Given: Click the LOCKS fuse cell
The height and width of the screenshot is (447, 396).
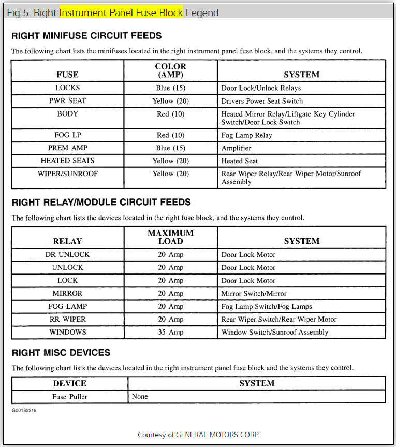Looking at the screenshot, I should [67, 88].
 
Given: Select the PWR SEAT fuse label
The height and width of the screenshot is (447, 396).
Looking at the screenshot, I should [67, 101].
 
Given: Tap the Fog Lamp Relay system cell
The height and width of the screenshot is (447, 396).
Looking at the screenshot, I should [246, 135].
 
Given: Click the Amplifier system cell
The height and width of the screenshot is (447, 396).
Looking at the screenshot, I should [236, 148].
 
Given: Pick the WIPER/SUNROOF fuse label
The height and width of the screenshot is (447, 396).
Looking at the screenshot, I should [67, 174].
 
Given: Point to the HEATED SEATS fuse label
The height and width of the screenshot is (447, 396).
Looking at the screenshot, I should [67, 161].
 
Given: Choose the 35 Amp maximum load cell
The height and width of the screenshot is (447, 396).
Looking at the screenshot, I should [170, 332].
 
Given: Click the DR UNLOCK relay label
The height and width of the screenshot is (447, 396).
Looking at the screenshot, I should [67, 254].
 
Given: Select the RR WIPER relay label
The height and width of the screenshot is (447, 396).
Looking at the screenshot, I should [67, 319].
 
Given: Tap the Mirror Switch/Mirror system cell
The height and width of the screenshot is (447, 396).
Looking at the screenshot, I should [254, 293].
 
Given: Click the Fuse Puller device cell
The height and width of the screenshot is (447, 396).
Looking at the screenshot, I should [69, 397].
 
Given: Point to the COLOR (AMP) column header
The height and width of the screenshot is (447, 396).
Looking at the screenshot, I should [170, 70].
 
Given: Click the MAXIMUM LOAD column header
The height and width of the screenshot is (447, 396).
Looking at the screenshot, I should [170, 237].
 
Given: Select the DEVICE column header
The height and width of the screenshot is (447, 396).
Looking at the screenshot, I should [69, 383].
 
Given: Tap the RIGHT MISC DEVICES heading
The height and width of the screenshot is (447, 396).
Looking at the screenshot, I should [61, 353].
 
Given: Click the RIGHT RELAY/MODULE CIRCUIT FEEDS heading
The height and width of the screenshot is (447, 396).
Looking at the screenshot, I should [101, 202].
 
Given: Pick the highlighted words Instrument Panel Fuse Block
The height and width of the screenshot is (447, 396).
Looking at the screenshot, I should [121, 12].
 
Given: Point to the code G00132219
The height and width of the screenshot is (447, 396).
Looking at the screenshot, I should [24, 410].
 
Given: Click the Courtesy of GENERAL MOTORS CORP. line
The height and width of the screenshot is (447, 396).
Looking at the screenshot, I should [198, 435].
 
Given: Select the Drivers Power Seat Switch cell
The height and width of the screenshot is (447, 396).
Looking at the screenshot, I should [262, 101].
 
